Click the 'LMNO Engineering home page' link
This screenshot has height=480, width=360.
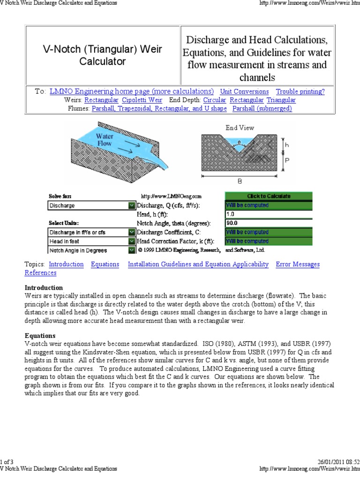coord(131,91)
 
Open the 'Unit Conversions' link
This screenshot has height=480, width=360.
coord(244,92)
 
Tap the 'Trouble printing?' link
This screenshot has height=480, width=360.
coord(300,92)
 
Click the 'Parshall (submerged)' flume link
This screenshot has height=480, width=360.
coord(262,109)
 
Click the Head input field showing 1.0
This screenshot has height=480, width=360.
coord(268,214)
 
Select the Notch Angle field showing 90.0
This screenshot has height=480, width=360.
coord(268,223)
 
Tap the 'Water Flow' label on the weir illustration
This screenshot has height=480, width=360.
coord(105,140)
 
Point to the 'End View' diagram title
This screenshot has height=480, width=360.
coord(240,127)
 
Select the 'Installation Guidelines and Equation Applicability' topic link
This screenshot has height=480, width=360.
coord(198,264)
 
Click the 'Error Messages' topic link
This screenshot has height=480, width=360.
coord(298,264)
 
